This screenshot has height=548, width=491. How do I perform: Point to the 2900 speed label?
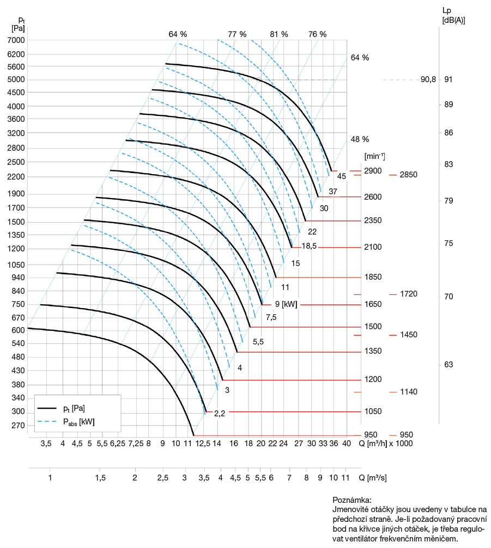click(x=373, y=171)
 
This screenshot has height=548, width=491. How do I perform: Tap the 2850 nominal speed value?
click(x=408, y=175)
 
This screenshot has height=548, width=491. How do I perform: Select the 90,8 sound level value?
click(x=428, y=79)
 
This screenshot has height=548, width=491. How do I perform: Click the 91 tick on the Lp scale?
click(x=448, y=79)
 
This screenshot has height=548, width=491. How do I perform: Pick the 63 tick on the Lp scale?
click(x=448, y=365)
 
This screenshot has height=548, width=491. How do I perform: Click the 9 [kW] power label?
click(x=286, y=304)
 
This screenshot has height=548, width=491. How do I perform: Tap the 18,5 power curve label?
click(x=310, y=246)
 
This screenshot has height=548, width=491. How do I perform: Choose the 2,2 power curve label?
click(x=220, y=413)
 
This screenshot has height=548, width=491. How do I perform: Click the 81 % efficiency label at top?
click(x=279, y=34)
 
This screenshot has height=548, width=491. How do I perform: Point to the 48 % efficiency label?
click(x=360, y=139)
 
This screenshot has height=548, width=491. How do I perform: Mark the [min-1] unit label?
click(x=374, y=157)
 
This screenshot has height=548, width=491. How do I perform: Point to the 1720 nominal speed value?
click(x=408, y=294)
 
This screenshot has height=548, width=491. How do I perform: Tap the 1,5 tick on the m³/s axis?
click(x=100, y=478)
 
